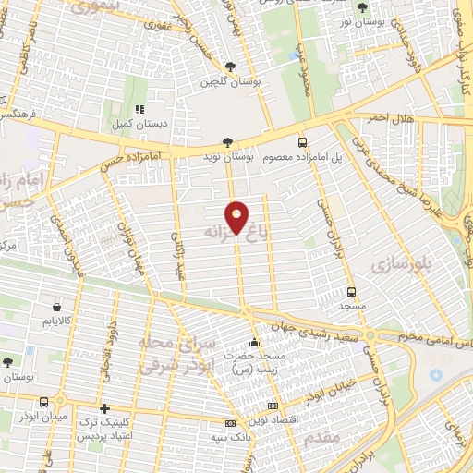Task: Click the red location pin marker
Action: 237,218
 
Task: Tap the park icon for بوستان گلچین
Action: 230,66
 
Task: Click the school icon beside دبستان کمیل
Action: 139,108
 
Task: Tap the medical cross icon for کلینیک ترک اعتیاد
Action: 104,407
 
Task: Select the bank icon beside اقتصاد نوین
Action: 272,406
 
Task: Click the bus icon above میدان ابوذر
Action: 44,401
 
